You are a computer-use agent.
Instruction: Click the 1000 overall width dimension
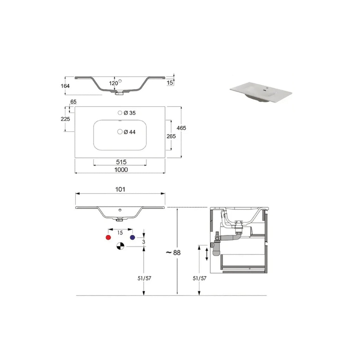(x=120, y=169)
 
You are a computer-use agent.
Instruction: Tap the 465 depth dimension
(x=181, y=128)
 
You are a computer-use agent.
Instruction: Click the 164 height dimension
(x=65, y=86)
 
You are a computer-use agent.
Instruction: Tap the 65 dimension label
(x=73, y=102)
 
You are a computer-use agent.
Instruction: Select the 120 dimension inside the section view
(x=113, y=83)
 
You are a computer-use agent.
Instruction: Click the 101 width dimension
(x=120, y=189)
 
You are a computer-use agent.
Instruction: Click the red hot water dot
(x=108, y=238)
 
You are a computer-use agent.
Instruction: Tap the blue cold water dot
(x=133, y=238)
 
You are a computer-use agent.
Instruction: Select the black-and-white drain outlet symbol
(x=120, y=247)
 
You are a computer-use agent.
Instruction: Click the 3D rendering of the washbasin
(x=261, y=92)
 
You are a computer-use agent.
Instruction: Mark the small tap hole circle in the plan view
(x=120, y=113)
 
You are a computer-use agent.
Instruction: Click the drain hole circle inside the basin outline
(x=120, y=132)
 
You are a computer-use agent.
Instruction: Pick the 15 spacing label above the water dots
(x=120, y=233)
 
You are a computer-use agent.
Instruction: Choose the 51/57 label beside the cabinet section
(x=200, y=278)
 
